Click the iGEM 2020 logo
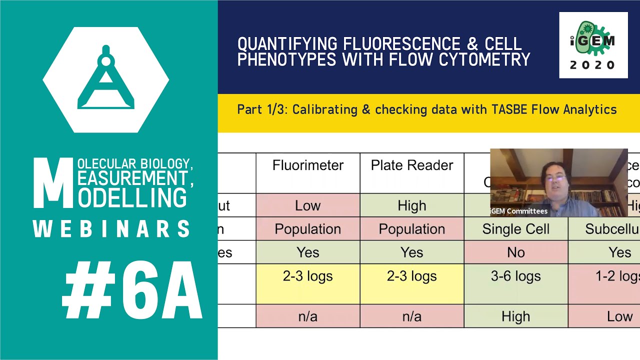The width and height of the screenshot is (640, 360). pos(593,45)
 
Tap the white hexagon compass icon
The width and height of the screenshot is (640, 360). pos(106,80)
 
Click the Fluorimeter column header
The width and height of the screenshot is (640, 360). pos(308,165)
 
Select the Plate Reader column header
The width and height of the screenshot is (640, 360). pos(412,165)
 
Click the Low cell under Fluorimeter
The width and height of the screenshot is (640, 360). pos(308,205)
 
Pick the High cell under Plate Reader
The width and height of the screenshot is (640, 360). pos(412,205)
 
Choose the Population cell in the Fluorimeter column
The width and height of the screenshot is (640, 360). pos(308,229)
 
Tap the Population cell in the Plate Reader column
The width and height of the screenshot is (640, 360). pos(412,229)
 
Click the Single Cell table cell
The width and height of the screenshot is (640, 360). pos(516,229)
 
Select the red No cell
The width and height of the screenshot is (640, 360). pos(516,252)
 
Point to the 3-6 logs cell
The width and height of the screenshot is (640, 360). pos(516,276)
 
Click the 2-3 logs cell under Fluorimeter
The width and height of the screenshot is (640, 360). pos(308,276)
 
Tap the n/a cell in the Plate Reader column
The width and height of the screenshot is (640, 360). pos(412,316)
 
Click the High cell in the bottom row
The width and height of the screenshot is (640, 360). pos(516,316)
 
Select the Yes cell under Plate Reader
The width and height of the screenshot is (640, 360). pos(412,252)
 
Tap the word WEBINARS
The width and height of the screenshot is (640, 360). pos(112,229)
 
